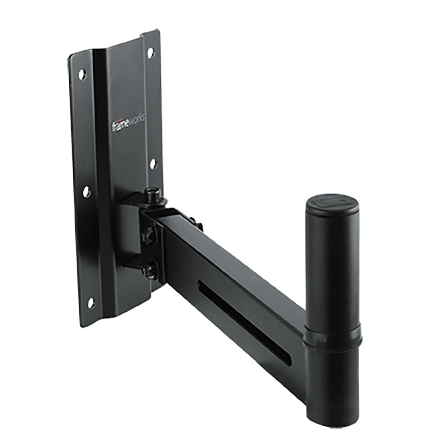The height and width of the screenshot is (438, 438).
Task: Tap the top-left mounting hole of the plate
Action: pos(82,74)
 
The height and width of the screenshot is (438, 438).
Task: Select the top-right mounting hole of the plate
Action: pos(150,52)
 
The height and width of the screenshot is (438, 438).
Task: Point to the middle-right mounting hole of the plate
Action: pos(153,164)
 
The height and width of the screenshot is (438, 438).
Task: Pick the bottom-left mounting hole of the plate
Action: pos(92,302)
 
